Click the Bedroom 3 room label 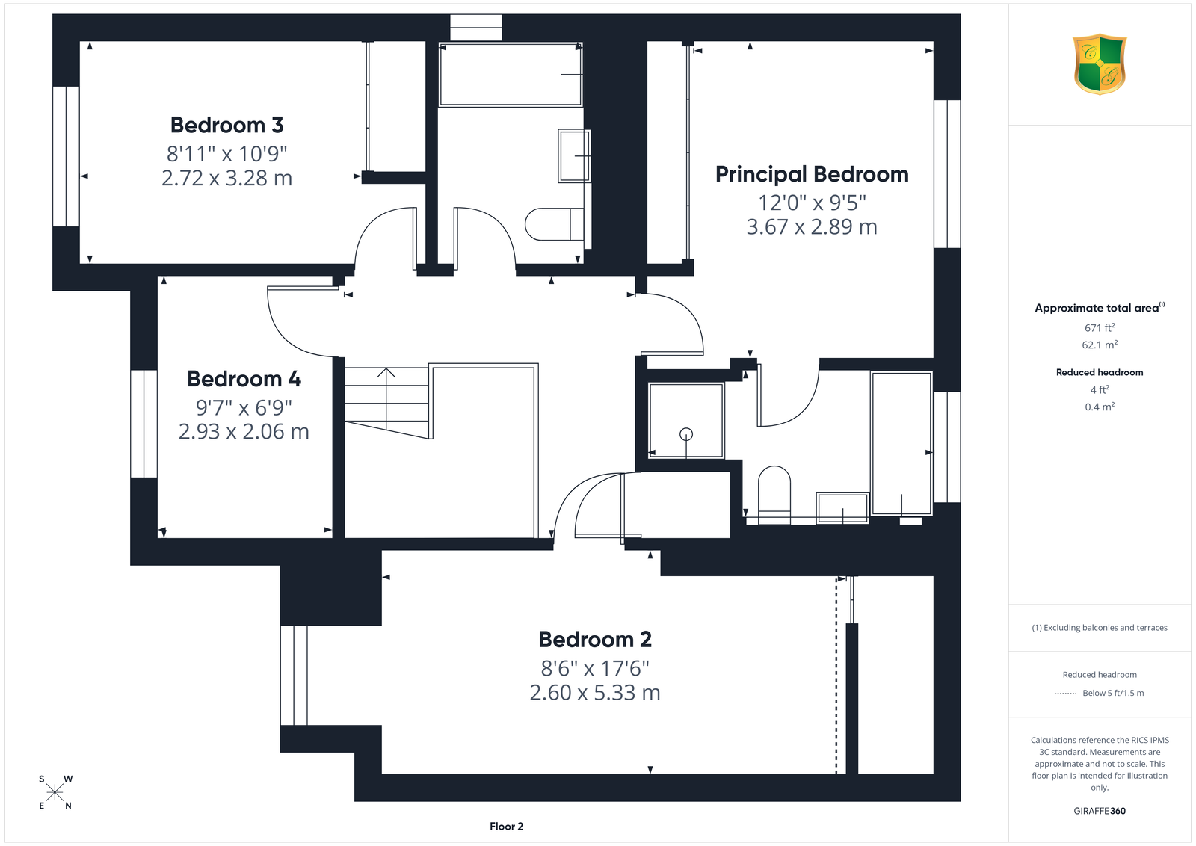click(227, 126)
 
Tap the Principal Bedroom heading click(812, 175)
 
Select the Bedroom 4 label click(244, 379)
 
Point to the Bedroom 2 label click(595, 640)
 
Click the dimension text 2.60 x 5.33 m click(595, 692)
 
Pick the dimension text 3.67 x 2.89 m click(812, 227)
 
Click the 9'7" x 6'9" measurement click(244, 408)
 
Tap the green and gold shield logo click(1100, 64)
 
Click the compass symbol click(55, 792)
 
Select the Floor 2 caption click(506, 827)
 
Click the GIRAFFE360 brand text click(1100, 811)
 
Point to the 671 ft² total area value click(1100, 327)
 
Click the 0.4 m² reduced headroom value click(1100, 407)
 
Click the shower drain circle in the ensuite click(686, 434)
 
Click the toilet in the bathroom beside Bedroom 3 click(554, 224)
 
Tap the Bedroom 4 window click(144, 424)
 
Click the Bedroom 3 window click(67, 156)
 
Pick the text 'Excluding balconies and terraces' click(1106, 628)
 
